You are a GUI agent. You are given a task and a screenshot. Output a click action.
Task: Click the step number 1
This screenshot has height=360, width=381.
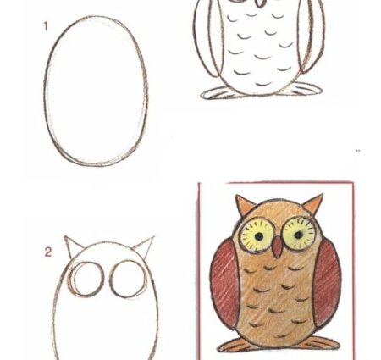coord(46,26)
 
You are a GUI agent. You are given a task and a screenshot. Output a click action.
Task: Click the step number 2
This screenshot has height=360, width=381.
coord(48,252)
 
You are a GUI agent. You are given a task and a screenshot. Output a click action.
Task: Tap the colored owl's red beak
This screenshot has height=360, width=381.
coord(278,247)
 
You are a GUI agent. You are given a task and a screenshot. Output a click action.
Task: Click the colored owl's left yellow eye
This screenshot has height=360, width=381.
coord(257,235)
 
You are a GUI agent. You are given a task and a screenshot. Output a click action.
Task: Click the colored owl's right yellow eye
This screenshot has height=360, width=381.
coord(299,234)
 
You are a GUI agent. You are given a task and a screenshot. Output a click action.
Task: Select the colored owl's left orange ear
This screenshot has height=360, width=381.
coord(244,204)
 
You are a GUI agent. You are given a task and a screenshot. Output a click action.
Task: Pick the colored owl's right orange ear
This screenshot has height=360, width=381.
coord(314,202)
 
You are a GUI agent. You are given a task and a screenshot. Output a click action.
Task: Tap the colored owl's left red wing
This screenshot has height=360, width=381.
coord(224,284)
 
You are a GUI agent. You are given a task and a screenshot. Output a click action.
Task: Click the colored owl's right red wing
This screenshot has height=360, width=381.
coord(328,281)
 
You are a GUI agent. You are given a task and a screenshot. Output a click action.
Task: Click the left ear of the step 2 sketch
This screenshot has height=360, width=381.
coord(72,246)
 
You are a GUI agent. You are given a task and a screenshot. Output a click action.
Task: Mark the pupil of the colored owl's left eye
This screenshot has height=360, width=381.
coord(259,236)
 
